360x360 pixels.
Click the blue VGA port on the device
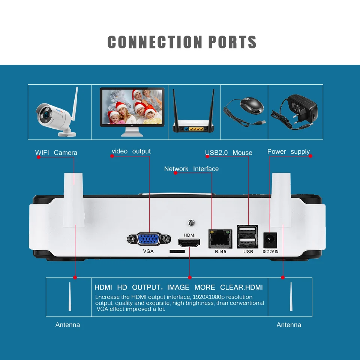coord(149,239)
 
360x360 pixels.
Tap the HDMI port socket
coord(189,243)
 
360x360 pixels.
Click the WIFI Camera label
coord(56,153)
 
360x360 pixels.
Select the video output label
coord(131,151)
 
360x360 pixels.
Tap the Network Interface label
coord(191,169)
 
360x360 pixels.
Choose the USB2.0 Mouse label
coord(228,153)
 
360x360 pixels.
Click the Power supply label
coord(288,151)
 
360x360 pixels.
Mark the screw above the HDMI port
coord(191,223)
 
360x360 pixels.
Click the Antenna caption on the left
coord(67,325)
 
